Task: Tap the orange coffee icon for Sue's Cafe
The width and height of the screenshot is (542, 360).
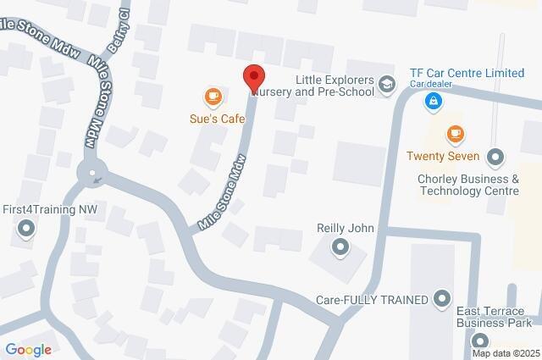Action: (212, 97)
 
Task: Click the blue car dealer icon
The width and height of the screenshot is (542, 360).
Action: (433, 102)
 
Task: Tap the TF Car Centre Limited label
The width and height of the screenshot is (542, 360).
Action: (466, 74)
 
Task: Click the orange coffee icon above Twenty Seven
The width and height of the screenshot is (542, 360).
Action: (456, 134)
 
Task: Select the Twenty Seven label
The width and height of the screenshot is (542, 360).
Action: (443, 156)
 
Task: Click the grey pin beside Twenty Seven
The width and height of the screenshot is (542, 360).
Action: (495, 156)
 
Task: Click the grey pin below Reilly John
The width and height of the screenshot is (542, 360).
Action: (340, 247)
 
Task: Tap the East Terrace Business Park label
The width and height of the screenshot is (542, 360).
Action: (494, 317)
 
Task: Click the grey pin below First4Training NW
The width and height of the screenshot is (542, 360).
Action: (26, 228)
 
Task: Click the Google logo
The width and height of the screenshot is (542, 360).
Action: (28, 348)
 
